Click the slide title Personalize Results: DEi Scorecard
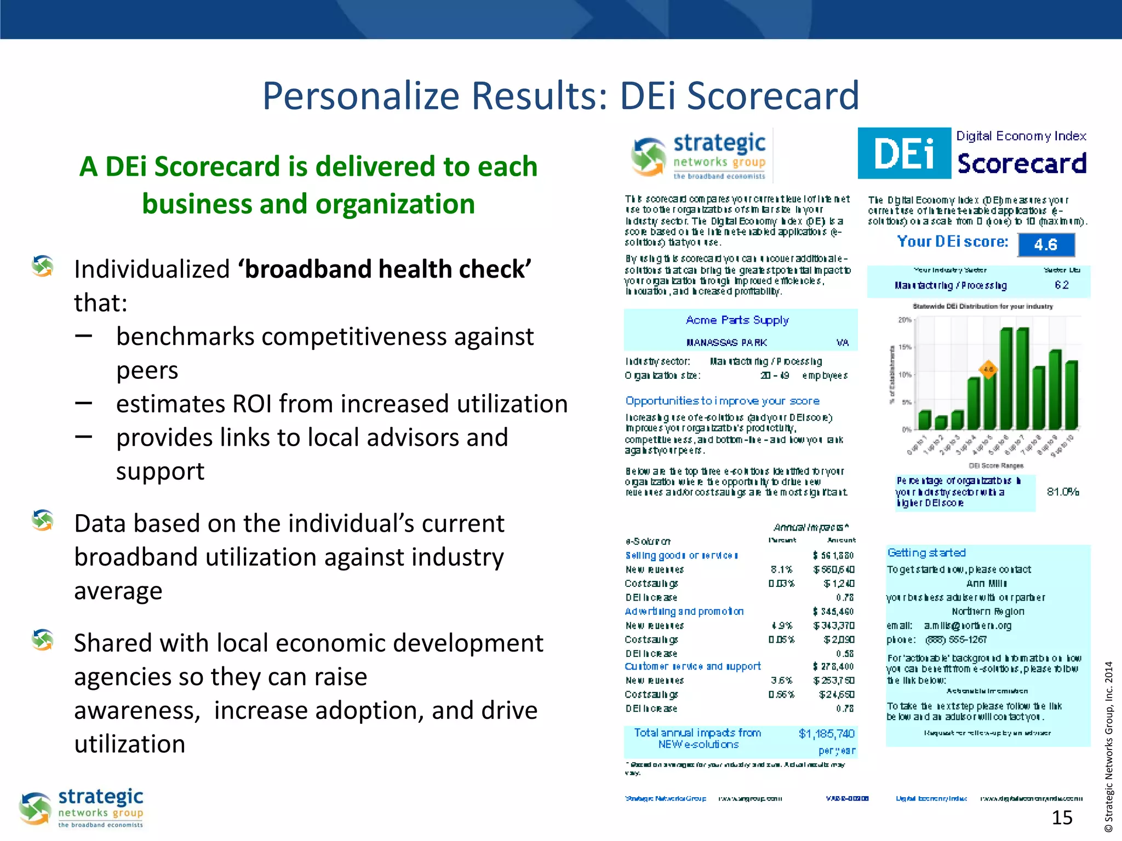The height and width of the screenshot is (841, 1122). coord(560,96)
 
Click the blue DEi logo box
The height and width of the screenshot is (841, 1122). coord(904,153)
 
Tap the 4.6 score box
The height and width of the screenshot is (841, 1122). coord(1046,245)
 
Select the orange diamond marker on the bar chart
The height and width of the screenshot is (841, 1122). coord(988,370)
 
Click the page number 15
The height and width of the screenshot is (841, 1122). coord(1062,817)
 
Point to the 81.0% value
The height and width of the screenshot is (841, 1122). coord(1062,492)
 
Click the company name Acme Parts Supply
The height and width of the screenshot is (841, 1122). coord(737,320)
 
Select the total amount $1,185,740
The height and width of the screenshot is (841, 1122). coord(826,734)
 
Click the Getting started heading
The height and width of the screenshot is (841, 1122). coord(926,553)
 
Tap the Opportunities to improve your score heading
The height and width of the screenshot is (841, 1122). coord(722,401)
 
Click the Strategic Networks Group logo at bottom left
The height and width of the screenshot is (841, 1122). coord(82,808)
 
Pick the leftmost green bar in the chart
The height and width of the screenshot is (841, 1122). coord(925,419)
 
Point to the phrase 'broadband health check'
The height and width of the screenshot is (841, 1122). coord(384,269)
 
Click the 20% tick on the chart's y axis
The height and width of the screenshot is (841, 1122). coord(904,320)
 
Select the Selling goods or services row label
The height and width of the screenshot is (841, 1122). coord(682,555)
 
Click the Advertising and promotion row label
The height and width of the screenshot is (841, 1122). coord(684,612)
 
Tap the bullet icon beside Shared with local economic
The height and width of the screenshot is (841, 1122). coord(43,640)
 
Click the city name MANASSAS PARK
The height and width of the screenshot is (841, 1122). coord(726,343)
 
